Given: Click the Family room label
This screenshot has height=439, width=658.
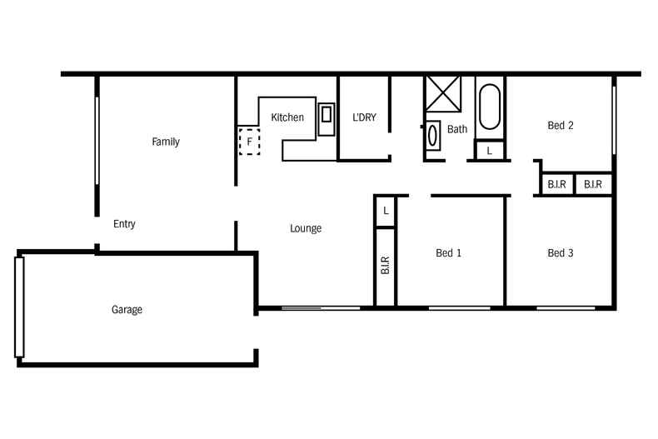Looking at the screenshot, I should pyautogui.click(x=165, y=142).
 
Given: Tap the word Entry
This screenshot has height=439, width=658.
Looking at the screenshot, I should pyautogui.click(x=124, y=224).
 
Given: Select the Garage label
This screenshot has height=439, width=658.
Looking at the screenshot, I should pyautogui.click(x=127, y=310).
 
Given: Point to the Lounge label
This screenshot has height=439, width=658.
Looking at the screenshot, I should pyautogui.click(x=306, y=228).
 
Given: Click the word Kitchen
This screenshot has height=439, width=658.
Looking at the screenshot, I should pyautogui.click(x=287, y=117).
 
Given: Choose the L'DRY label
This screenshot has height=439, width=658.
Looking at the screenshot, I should pyautogui.click(x=364, y=117).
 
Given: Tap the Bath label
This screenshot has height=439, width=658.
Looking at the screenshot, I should pyautogui.click(x=457, y=129).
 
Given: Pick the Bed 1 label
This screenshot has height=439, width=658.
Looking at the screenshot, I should pyautogui.click(x=448, y=253).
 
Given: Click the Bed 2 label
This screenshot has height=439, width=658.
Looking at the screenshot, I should pyautogui.click(x=561, y=126).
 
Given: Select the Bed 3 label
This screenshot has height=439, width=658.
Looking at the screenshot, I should pyautogui.click(x=561, y=253).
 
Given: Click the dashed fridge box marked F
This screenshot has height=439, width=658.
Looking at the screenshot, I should pyautogui.click(x=249, y=142).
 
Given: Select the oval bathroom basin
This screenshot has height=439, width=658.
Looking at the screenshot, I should pyautogui.click(x=433, y=136).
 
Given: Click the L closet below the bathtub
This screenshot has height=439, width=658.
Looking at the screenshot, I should pyautogui.click(x=489, y=151).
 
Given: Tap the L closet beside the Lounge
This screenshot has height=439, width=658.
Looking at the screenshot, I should pyautogui.click(x=386, y=212).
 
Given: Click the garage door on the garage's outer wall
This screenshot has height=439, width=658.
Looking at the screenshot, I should pyautogui.click(x=20, y=307).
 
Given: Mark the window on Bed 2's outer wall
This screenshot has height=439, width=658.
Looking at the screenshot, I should pyautogui.click(x=615, y=117).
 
